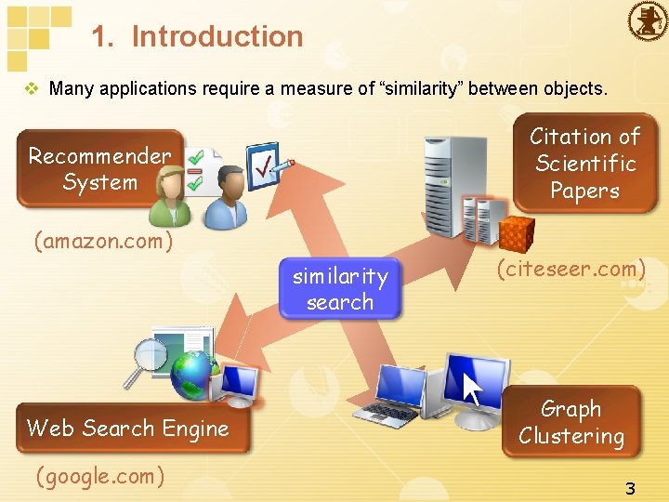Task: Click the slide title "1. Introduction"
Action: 197,36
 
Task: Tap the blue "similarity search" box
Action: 340,289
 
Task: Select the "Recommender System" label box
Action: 99,168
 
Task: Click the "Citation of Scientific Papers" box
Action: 584,164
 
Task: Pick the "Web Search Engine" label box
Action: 128,429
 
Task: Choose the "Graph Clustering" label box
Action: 571,422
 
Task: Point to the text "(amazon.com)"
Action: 103,242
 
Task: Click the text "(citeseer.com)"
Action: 571,270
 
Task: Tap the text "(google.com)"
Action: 99,477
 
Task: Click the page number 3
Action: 630,488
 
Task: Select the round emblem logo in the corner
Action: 648,20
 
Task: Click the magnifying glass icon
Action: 147,362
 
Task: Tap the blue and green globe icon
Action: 192,374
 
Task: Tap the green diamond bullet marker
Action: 33,89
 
